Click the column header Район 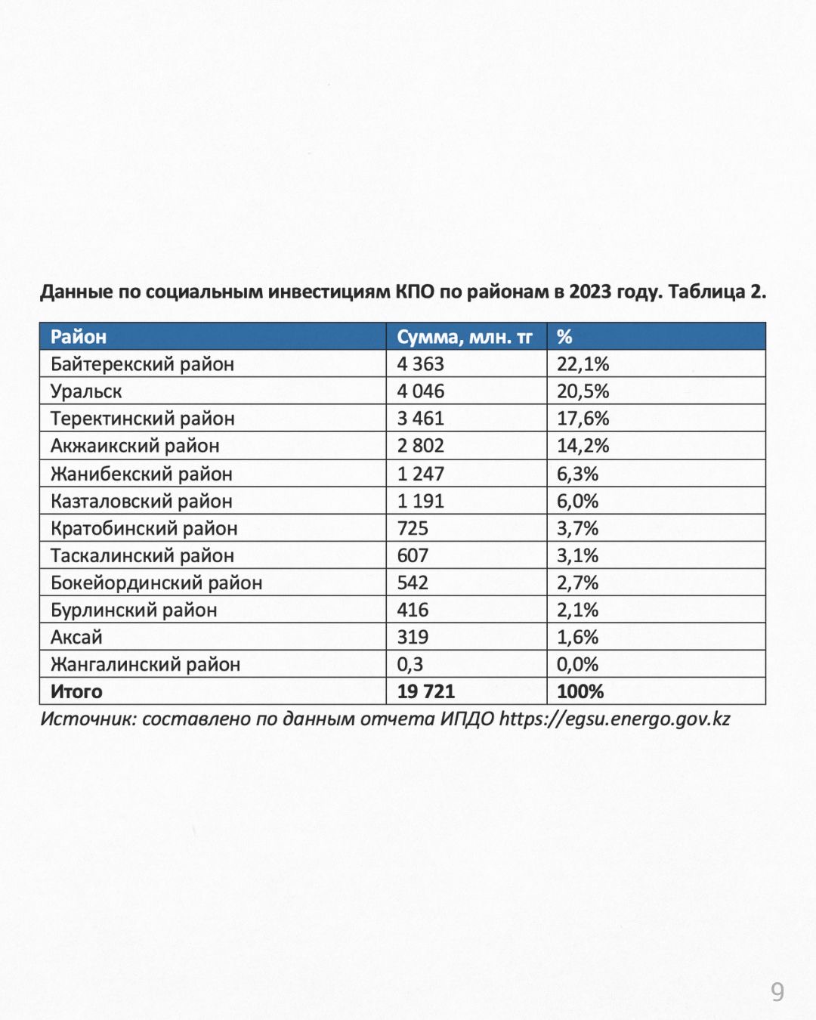click(79, 337)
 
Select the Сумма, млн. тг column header click(465, 337)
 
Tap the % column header click(564, 337)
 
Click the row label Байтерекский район click(142, 364)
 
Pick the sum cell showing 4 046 click(421, 391)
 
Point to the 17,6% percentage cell click(583, 419)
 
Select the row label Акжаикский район click(134, 446)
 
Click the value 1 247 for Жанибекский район click(421, 474)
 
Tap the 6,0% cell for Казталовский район click(577, 501)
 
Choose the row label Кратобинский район click(144, 528)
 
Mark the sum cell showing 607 click(413, 555)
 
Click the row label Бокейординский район click(156, 583)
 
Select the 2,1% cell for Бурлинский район click(577, 610)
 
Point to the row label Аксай click(76, 637)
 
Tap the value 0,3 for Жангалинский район click(410, 664)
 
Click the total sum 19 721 click(426, 691)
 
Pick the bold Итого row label click(76, 691)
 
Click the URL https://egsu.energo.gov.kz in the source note click(614, 719)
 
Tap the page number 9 click(777, 991)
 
